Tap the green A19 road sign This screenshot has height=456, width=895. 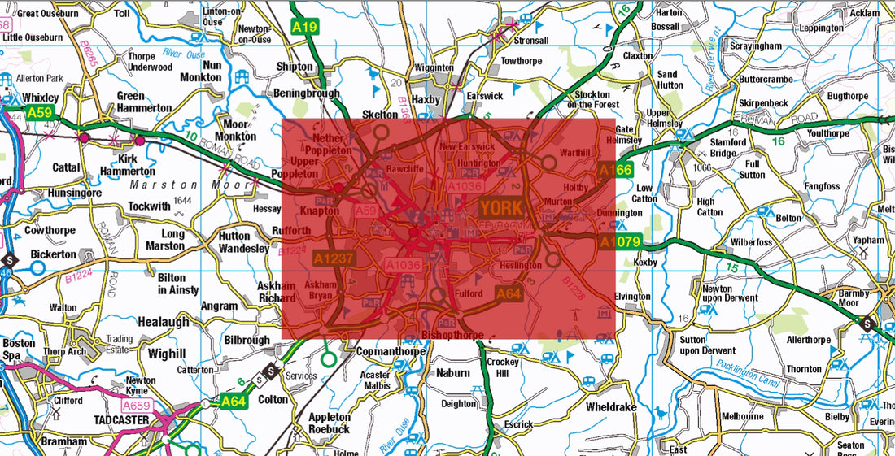(x=304, y=27)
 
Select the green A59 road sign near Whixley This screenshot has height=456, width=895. (x=38, y=113)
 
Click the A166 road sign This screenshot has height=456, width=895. (x=615, y=170)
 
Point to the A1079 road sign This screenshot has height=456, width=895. (x=621, y=242)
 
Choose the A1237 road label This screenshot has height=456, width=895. (x=334, y=258)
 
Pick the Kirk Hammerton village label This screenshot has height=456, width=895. (x=127, y=165)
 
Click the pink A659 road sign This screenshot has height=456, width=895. (x=138, y=405)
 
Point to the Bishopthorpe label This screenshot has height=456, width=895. (x=453, y=335)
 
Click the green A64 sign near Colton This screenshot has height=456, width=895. (x=234, y=400)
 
